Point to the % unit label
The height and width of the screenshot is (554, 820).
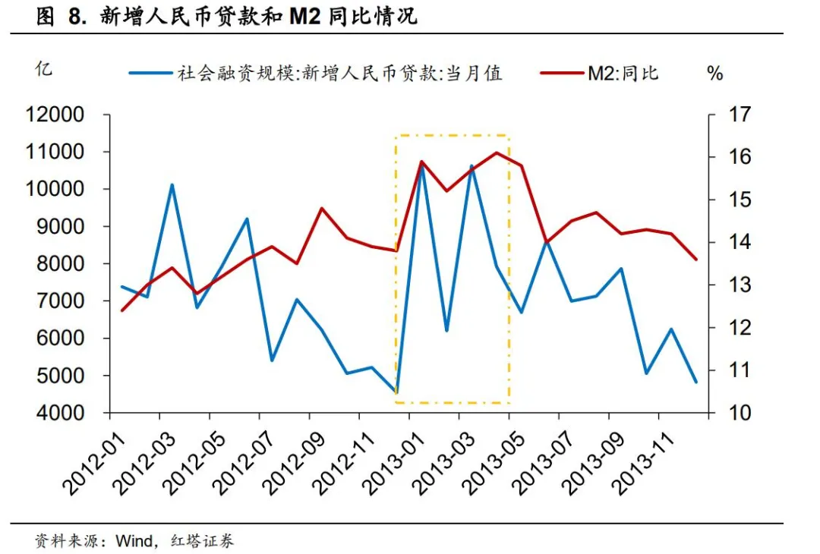click(714, 74)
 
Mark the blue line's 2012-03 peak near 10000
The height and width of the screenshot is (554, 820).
click(172, 185)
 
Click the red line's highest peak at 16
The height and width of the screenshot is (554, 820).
click(497, 153)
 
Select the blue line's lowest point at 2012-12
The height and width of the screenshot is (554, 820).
click(396, 392)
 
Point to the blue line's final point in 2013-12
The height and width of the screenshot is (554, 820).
click(695, 382)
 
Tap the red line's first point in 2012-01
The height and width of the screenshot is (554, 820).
click(122, 310)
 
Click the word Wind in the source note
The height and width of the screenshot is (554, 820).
click(131, 541)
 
